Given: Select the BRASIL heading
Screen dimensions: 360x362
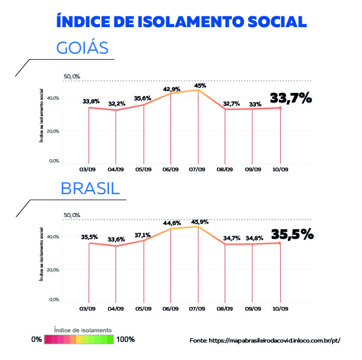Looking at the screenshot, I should pos(90,189).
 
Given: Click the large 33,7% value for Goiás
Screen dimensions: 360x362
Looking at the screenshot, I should pos(291,98).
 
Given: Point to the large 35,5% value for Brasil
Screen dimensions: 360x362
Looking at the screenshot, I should pos(292,234).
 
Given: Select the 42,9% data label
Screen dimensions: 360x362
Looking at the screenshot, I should pos(172,89).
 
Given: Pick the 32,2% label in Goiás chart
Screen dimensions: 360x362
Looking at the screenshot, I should pos(116,104).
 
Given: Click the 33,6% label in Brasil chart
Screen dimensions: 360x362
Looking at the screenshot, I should pos(116,239).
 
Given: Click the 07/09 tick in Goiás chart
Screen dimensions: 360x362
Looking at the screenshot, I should pos(198,169).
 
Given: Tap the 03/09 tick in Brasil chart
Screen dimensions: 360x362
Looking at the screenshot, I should pos(88,308).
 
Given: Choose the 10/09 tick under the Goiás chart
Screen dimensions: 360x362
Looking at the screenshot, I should pos(280,169).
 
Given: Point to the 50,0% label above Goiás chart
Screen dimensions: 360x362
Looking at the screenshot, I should pos(72,77).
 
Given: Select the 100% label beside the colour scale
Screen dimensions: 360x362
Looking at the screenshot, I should pos(125,339).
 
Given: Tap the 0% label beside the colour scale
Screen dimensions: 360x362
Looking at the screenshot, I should pos(37,339).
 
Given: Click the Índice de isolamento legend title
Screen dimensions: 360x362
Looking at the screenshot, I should pos(83,330).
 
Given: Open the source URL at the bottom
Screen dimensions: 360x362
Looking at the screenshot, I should pos(265,341).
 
